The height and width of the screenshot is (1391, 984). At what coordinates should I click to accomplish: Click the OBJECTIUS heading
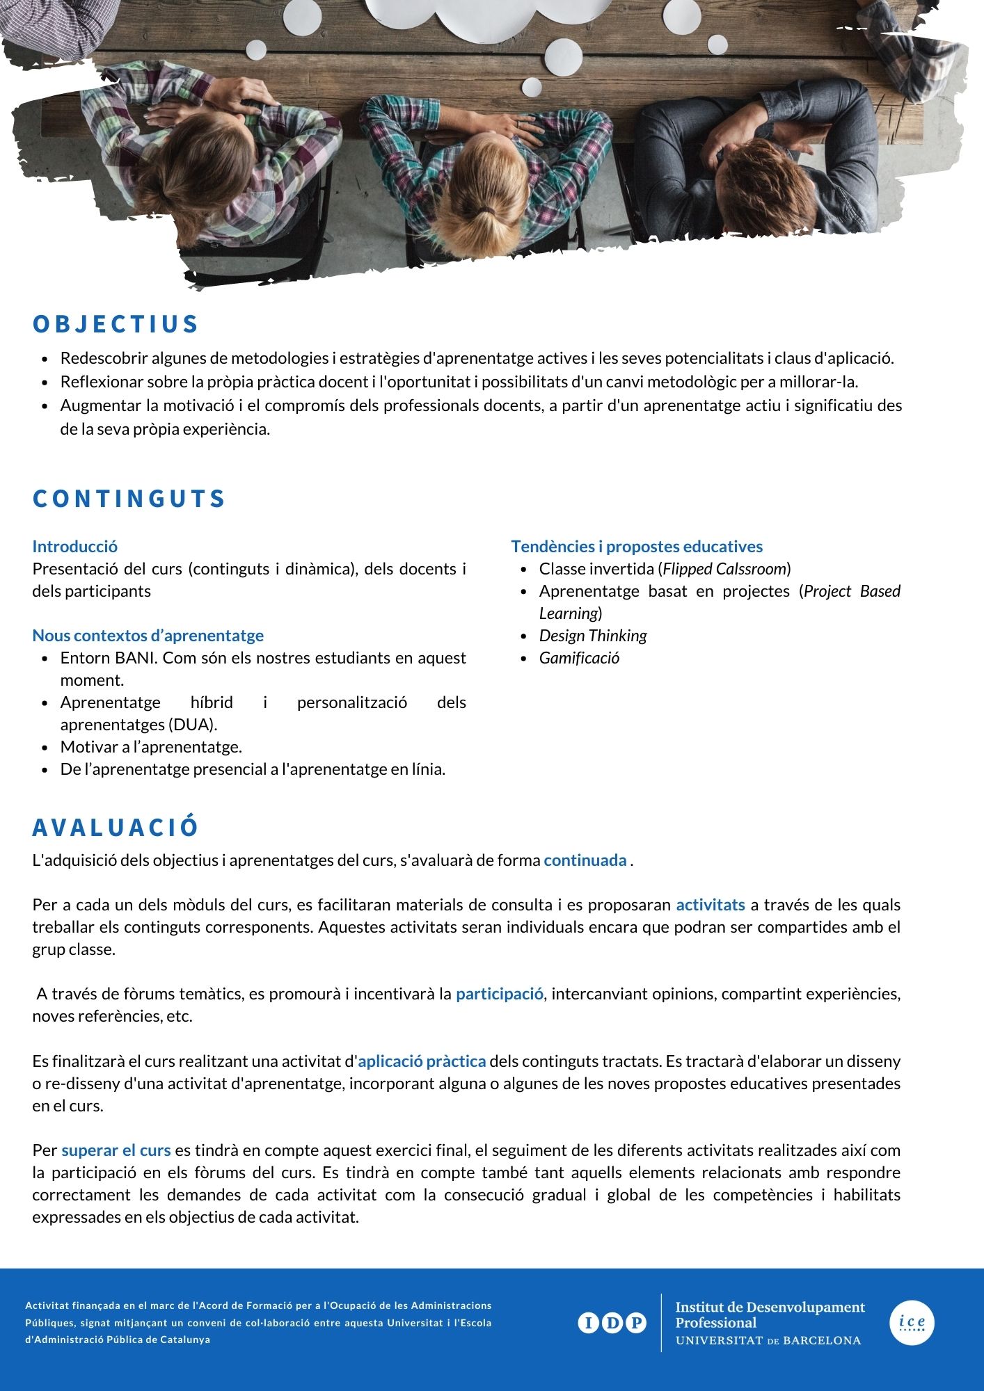(x=116, y=324)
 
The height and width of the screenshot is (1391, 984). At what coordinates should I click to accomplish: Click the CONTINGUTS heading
(x=129, y=499)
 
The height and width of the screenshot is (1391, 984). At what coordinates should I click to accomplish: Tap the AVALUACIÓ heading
(x=116, y=827)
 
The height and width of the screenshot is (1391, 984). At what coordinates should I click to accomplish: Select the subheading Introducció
(x=74, y=547)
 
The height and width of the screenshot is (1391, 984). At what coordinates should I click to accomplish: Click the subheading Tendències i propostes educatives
(x=637, y=547)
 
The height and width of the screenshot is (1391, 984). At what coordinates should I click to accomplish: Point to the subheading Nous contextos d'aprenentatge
(x=148, y=636)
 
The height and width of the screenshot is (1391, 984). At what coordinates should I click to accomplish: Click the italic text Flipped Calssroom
(x=724, y=569)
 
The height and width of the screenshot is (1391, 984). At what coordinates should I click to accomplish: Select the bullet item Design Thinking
(x=593, y=636)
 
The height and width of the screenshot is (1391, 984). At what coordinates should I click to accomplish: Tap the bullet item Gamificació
(x=579, y=658)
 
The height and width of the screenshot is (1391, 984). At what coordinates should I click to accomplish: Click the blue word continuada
(x=585, y=860)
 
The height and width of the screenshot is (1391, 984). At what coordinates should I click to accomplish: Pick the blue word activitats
(x=711, y=905)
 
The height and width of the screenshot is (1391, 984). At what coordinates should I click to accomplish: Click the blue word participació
(x=500, y=994)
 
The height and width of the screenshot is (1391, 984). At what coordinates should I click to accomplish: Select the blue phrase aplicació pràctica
(x=422, y=1061)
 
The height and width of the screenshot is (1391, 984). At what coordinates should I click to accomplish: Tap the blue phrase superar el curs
(x=116, y=1150)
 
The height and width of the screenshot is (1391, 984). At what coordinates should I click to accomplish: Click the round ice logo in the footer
(x=912, y=1323)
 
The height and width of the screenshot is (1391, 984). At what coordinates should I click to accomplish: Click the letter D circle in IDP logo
(x=612, y=1323)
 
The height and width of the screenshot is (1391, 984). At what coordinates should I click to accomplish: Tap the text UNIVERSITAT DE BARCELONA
(x=768, y=1340)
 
